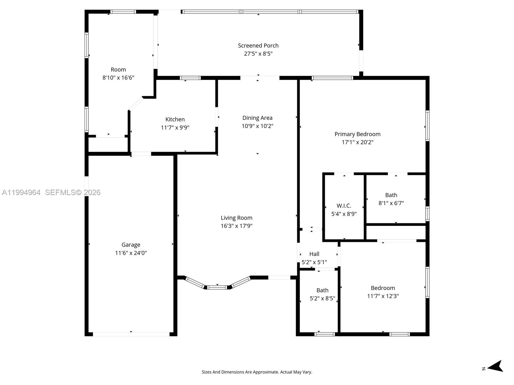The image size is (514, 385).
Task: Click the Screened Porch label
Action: click(258, 46)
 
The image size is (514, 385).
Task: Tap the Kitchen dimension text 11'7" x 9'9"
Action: click(175, 128)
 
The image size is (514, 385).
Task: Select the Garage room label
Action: click(131, 245)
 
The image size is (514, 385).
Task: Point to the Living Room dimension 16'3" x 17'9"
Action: click(236, 226)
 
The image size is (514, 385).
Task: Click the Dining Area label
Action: click(257, 118)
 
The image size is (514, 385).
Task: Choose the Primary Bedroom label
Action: click(357, 134)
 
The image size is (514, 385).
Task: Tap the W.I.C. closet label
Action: click(344, 206)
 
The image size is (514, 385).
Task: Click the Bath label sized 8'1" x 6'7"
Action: click(391, 195)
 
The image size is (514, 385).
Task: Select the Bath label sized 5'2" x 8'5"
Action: click(322, 290)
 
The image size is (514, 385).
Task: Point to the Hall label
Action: click(314, 254)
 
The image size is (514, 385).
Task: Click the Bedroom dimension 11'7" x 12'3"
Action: click(383, 296)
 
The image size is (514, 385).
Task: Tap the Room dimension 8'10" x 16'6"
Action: click(118, 78)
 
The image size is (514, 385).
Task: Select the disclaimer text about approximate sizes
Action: click(257, 372)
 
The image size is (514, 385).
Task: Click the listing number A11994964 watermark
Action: click(21, 193)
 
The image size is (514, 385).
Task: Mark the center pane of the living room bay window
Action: click(217, 287)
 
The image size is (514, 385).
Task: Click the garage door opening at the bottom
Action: click(131, 334)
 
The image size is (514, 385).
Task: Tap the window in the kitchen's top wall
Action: click(190, 78)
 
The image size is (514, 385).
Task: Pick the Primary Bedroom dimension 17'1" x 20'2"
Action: click(357, 142)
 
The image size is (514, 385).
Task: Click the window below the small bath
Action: click(324, 334)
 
